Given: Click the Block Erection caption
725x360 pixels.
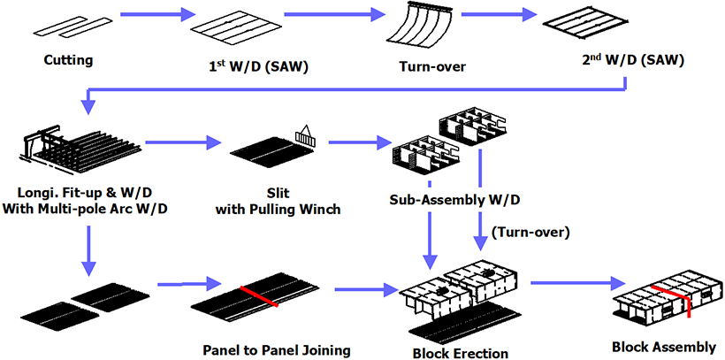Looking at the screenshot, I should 461,353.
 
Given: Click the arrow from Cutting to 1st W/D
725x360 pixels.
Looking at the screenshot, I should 155,15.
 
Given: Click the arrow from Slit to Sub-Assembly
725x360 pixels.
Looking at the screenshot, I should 353,142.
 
